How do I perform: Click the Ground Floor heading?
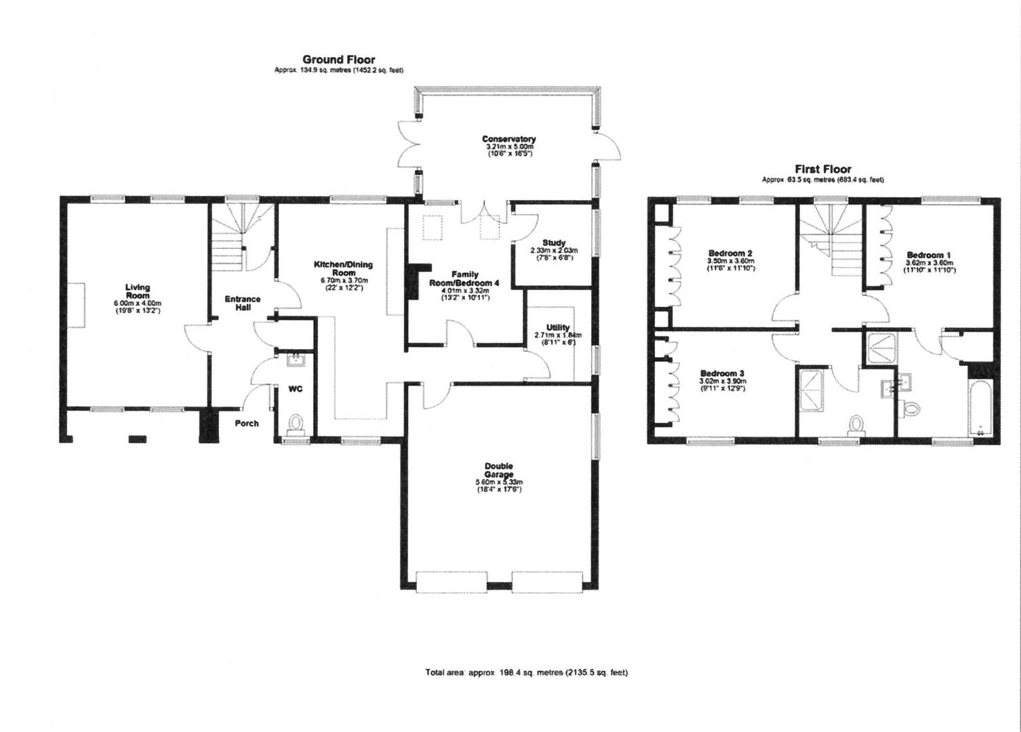pos(338,60)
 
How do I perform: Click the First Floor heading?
pos(823,169)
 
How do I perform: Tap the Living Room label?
pos(138,291)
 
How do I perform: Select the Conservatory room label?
pos(508,140)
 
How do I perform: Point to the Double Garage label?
pos(498,470)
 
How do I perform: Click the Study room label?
pos(554,243)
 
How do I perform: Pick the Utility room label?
pos(557,328)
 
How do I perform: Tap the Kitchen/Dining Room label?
pos(343,268)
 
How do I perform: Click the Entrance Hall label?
pos(243,303)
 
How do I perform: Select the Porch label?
pos(247,424)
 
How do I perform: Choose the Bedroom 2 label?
pos(731,254)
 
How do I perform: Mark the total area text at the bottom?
pos(526,673)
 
